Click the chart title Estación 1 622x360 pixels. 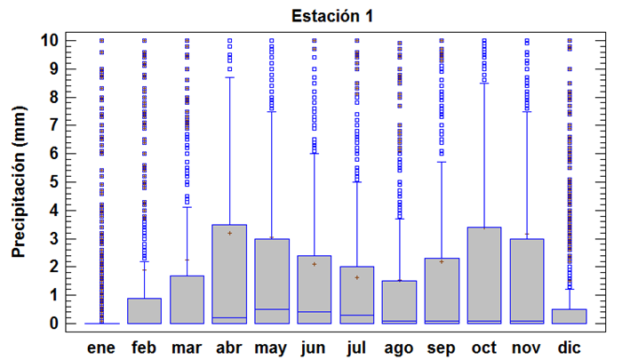point(329,16)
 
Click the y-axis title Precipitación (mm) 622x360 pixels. point(19,183)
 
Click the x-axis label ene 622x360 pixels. point(102,347)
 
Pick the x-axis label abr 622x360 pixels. point(229,347)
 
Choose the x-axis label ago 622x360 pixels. point(399,347)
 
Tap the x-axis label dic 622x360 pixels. point(569,347)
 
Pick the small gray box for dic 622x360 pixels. point(569,316)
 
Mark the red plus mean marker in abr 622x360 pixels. point(229,233)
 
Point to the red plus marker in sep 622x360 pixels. point(442,261)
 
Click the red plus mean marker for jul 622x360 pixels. point(356,277)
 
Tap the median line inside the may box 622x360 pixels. point(272,309)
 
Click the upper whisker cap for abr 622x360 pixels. point(229,77)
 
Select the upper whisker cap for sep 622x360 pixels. point(442,162)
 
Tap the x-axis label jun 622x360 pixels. point(314,347)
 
